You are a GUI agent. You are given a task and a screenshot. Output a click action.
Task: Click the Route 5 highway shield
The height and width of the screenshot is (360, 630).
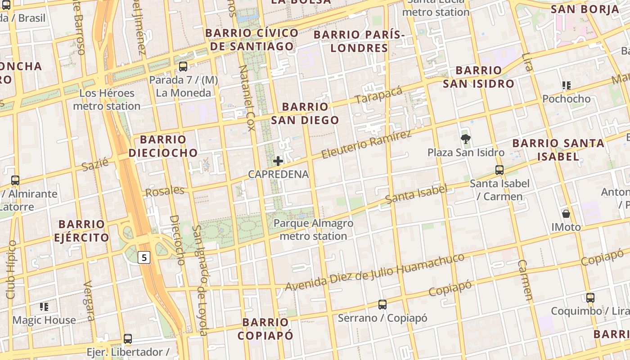(144, 257)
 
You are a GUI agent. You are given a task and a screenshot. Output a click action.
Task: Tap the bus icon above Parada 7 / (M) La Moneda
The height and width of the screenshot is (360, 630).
(183, 67)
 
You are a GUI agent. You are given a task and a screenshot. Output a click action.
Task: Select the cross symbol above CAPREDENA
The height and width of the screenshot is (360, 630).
(278, 161)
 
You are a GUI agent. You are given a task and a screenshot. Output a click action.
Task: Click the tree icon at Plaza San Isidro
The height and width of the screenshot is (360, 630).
(465, 139)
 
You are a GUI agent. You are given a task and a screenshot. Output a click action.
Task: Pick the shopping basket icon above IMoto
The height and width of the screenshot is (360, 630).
(566, 214)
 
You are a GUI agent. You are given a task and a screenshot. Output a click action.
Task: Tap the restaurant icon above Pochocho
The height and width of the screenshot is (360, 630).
(566, 85)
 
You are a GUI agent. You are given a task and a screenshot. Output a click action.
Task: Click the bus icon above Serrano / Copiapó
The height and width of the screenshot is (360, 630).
(382, 305)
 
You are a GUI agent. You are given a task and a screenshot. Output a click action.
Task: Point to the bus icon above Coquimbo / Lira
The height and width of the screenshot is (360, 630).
(590, 297)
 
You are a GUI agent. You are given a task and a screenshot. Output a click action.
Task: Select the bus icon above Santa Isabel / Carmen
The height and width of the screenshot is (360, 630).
(499, 170)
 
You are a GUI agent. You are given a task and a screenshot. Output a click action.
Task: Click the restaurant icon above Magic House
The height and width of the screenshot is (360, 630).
(44, 307)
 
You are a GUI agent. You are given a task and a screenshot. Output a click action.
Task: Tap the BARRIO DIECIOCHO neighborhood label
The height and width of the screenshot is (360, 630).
(163, 146)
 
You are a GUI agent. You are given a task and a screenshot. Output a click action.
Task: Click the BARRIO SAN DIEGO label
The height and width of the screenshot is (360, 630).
(305, 113)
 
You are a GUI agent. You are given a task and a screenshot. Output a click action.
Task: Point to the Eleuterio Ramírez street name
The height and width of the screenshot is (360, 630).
(366, 145)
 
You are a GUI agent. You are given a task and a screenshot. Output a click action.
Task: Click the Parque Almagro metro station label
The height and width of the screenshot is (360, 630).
(313, 229)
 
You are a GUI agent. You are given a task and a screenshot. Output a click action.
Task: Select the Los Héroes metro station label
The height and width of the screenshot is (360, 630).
(107, 99)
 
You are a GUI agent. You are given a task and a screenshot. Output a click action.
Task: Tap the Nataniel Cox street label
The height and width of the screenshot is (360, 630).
(247, 98)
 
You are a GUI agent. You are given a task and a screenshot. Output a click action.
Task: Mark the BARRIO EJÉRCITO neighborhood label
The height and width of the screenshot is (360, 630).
(81, 231)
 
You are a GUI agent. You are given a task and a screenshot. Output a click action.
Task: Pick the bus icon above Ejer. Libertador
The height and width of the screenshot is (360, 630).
(128, 339)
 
